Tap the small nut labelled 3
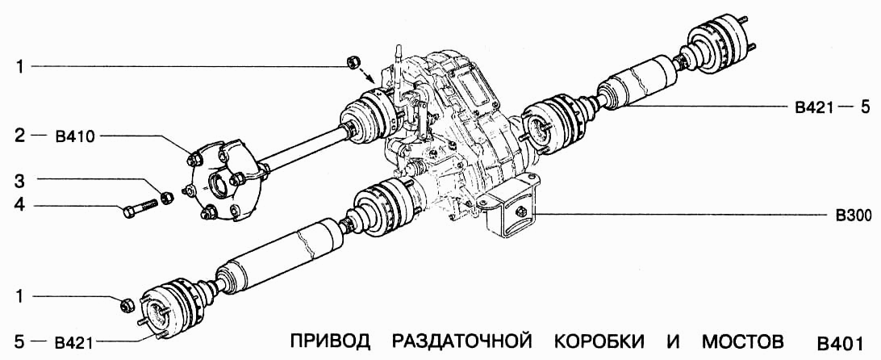(x=167, y=196)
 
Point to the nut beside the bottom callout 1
(x=126, y=304)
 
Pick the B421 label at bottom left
(x=76, y=341)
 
